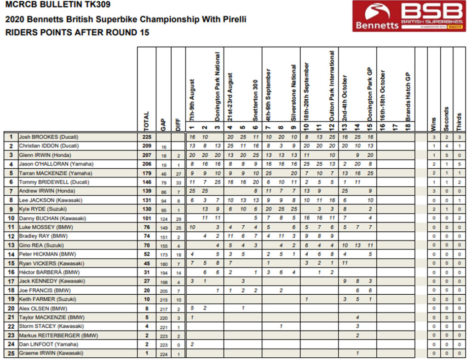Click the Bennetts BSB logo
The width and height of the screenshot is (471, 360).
(408, 16)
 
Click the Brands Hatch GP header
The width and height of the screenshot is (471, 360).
(408, 97)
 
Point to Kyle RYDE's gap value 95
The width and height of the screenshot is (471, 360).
(163, 210)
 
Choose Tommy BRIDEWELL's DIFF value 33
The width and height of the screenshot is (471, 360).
(178, 183)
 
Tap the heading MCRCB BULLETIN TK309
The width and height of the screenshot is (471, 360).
(58, 6)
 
